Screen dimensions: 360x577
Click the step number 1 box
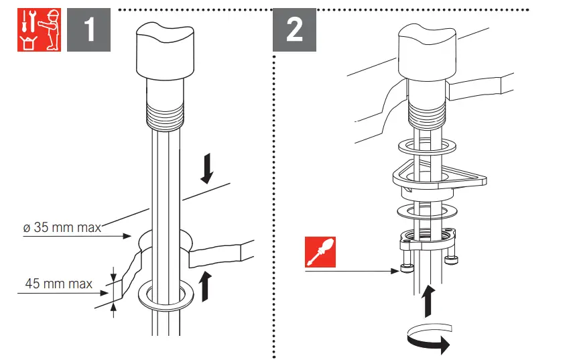pos(88,30)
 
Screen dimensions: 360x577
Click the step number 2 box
pos(294,30)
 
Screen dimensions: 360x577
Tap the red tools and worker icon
pos(38,30)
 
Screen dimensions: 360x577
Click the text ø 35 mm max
pos(62,228)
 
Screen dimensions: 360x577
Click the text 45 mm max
pos(59,284)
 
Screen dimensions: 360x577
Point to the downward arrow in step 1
pos(207,168)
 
